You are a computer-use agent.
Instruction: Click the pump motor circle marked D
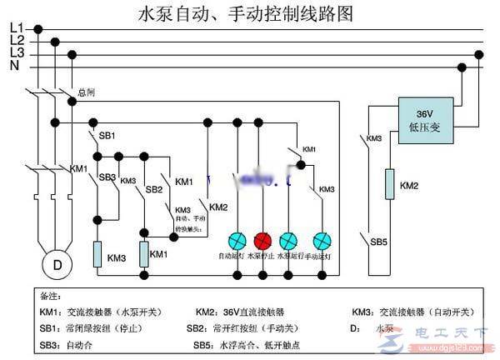point(57,265)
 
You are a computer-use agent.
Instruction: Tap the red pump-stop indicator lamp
point(263,240)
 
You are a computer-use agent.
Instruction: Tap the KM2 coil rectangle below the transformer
point(387,184)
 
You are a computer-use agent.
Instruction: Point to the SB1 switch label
point(107,135)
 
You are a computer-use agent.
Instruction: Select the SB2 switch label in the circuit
point(153,189)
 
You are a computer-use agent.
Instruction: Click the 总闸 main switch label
point(87,92)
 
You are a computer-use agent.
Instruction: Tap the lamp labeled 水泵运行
point(288,240)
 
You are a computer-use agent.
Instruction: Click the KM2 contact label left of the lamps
point(218,207)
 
